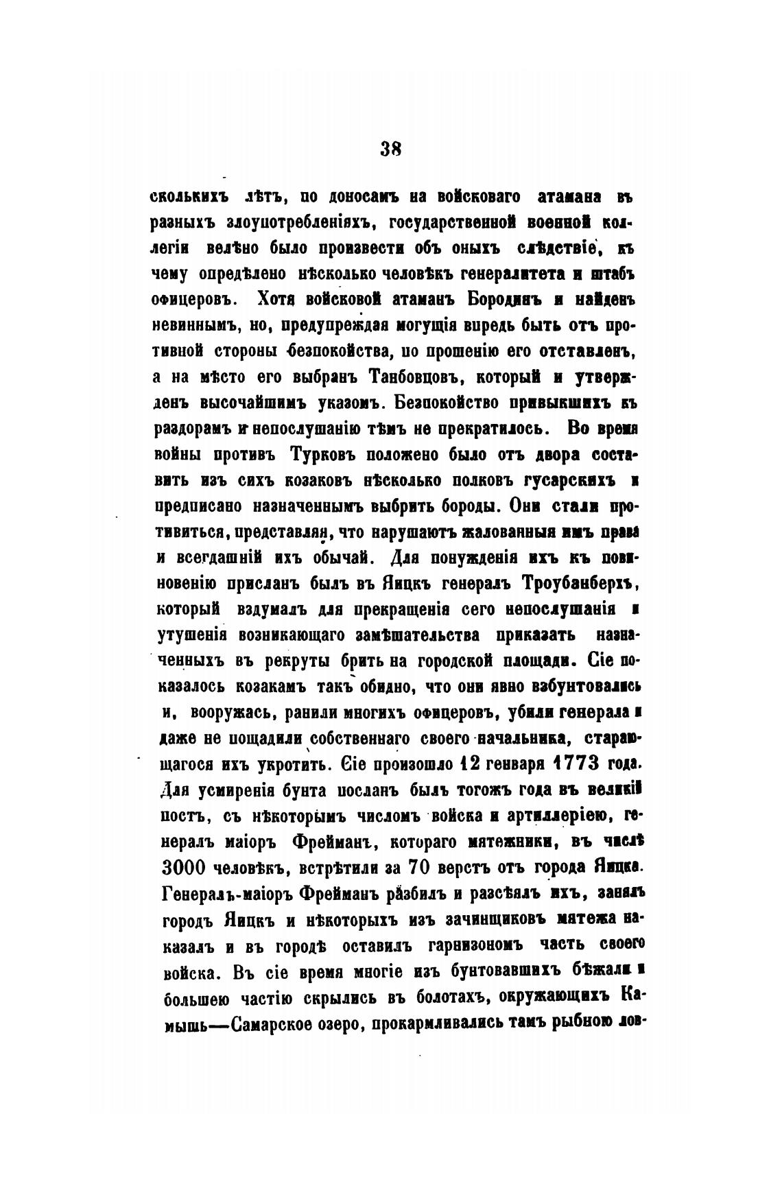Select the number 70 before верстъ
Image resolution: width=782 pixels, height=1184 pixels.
click(x=418, y=866)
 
